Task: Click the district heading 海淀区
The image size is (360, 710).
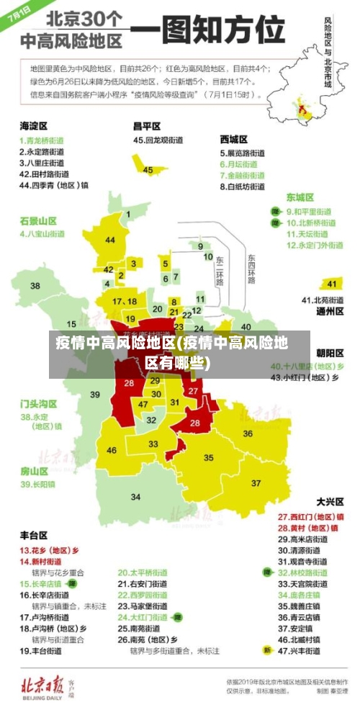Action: tap(34, 125)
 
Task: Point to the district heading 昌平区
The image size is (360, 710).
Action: tap(147, 125)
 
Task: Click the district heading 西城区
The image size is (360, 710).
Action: tap(234, 139)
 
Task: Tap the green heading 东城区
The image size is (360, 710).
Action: tap(300, 197)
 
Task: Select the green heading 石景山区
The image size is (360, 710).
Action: tap(38, 220)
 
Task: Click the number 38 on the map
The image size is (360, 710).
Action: tap(35, 286)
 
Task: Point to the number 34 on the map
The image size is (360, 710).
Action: tap(135, 497)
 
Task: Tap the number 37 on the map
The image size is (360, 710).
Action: tap(256, 482)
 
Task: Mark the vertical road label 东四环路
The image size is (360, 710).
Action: tap(251, 269)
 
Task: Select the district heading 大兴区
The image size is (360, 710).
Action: tap(330, 501)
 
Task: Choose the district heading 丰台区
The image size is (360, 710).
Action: tap(34, 535)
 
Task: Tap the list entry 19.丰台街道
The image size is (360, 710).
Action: tap(43, 650)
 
